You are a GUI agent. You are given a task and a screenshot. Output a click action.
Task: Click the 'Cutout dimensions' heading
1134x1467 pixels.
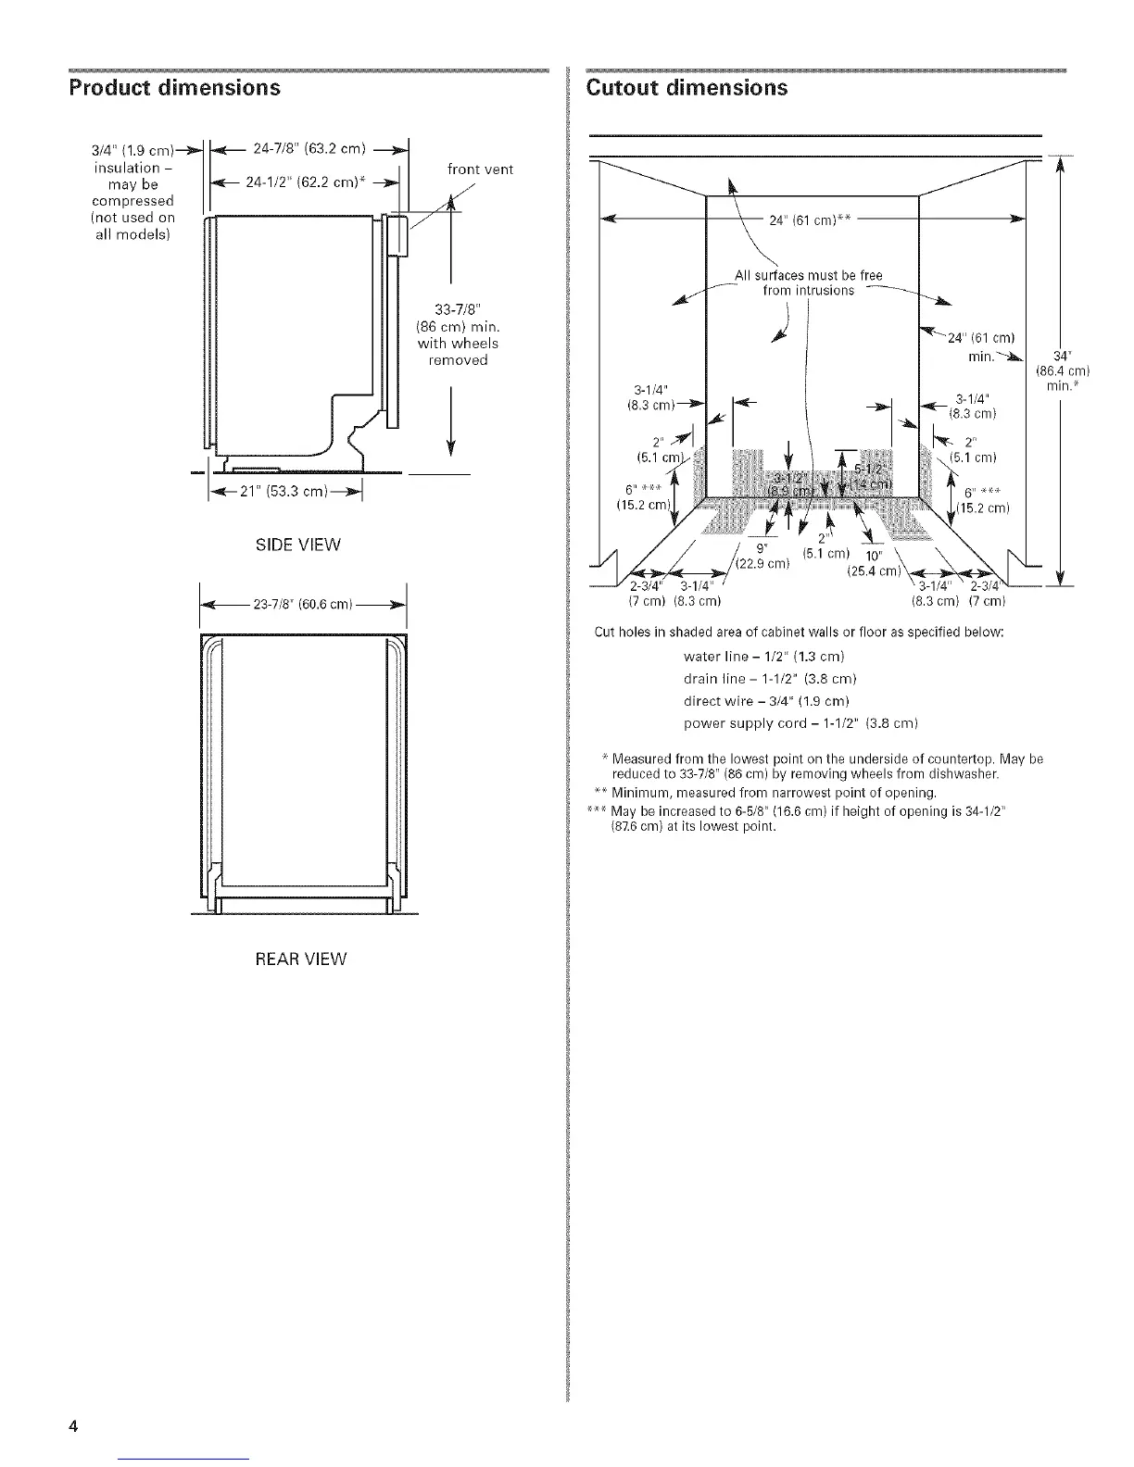(x=687, y=88)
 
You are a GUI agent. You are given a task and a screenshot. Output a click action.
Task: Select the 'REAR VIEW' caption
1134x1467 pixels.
(x=300, y=959)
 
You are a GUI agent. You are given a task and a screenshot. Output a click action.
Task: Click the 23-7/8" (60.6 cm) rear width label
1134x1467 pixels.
(x=302, y=605)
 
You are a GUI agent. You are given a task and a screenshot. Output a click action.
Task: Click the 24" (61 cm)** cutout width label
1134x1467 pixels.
(x=810, y=219)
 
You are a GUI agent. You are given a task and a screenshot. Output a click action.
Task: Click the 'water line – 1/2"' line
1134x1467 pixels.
(x=762, y=657)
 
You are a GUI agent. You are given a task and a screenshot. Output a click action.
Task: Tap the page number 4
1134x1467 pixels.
(x=71, y=1426)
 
